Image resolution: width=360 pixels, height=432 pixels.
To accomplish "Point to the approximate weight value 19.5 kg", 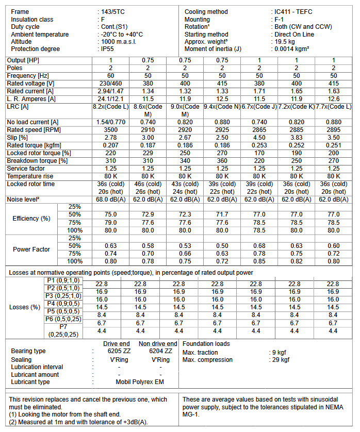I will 285,42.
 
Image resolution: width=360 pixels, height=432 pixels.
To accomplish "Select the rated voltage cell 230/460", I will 110,84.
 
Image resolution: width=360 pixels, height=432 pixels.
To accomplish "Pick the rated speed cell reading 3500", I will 110,129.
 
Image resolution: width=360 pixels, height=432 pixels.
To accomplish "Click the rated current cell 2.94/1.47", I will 110,91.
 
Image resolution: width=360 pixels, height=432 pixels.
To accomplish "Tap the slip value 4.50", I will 259,137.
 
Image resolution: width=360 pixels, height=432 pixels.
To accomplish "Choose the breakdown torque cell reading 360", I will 222,160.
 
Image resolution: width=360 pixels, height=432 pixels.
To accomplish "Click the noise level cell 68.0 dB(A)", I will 110,199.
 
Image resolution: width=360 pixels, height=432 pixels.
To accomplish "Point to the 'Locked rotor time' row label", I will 30,184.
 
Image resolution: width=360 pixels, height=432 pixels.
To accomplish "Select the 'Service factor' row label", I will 25,168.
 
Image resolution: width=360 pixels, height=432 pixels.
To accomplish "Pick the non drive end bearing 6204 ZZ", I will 160,351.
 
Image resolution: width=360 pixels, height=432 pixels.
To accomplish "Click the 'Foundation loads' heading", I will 206,343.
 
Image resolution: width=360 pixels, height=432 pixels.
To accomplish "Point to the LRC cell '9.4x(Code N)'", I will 222,107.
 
